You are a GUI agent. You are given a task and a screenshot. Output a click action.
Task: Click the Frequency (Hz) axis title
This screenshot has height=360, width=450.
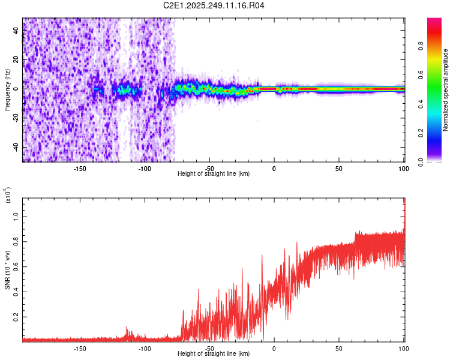tap(7, 90)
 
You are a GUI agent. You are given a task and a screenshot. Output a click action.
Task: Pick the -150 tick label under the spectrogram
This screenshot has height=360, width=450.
tap(79, 169)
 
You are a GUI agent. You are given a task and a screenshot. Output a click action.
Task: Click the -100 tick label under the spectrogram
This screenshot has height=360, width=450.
tap(144, 169)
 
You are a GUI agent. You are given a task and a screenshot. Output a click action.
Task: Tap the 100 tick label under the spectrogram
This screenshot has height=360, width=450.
tap(403, 169)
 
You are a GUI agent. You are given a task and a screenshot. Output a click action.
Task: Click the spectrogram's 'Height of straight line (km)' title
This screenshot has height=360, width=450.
tap(214, 174)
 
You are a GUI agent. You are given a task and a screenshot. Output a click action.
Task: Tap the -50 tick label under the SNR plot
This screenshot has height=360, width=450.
tap(209, 349)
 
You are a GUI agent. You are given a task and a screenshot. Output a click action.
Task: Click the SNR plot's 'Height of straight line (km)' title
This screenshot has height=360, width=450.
tap(214, 354)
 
